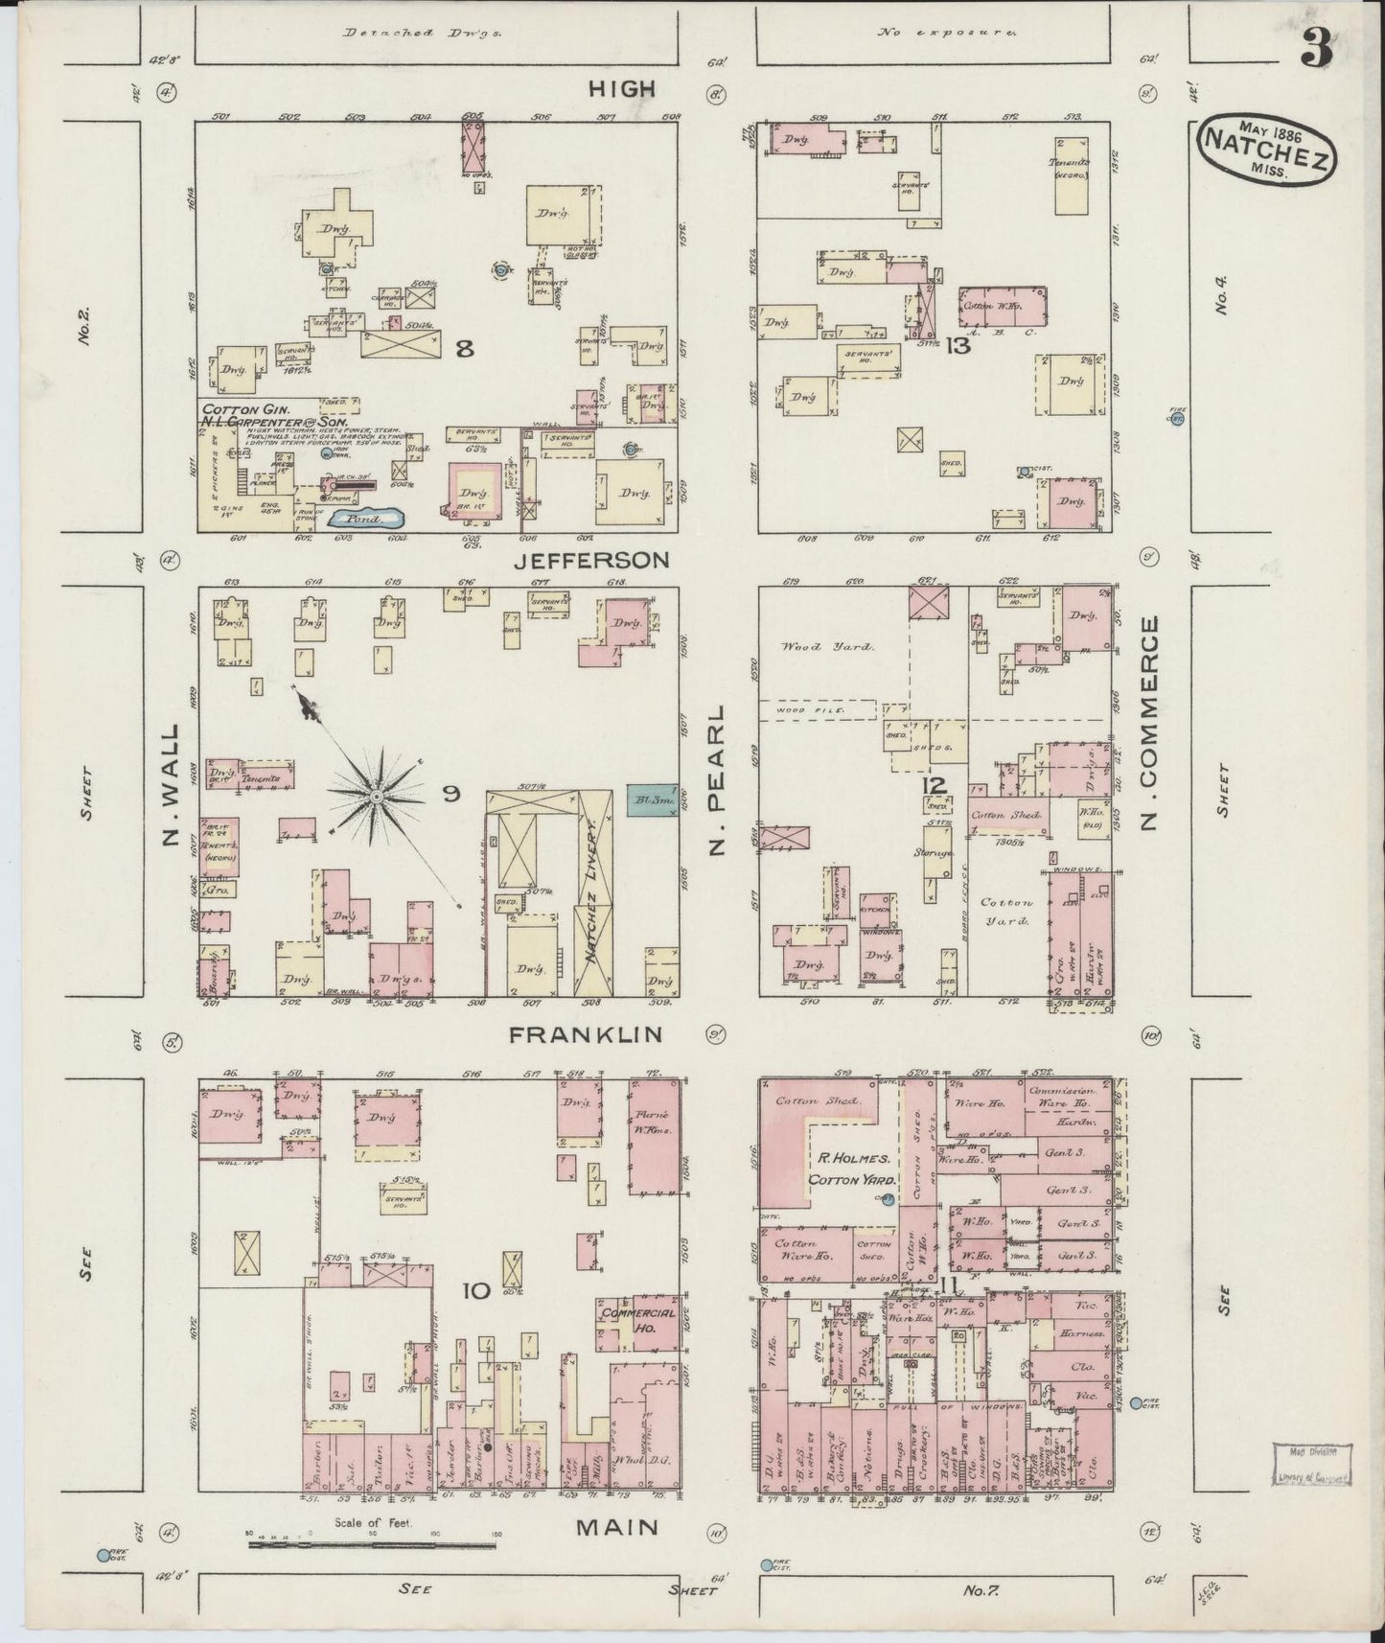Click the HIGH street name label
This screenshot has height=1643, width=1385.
[621, 88]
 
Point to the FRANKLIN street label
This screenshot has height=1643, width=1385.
[586, 1034]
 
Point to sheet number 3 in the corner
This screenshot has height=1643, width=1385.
[1317, 51]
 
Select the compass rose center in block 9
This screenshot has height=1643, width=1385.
[377, 796]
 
